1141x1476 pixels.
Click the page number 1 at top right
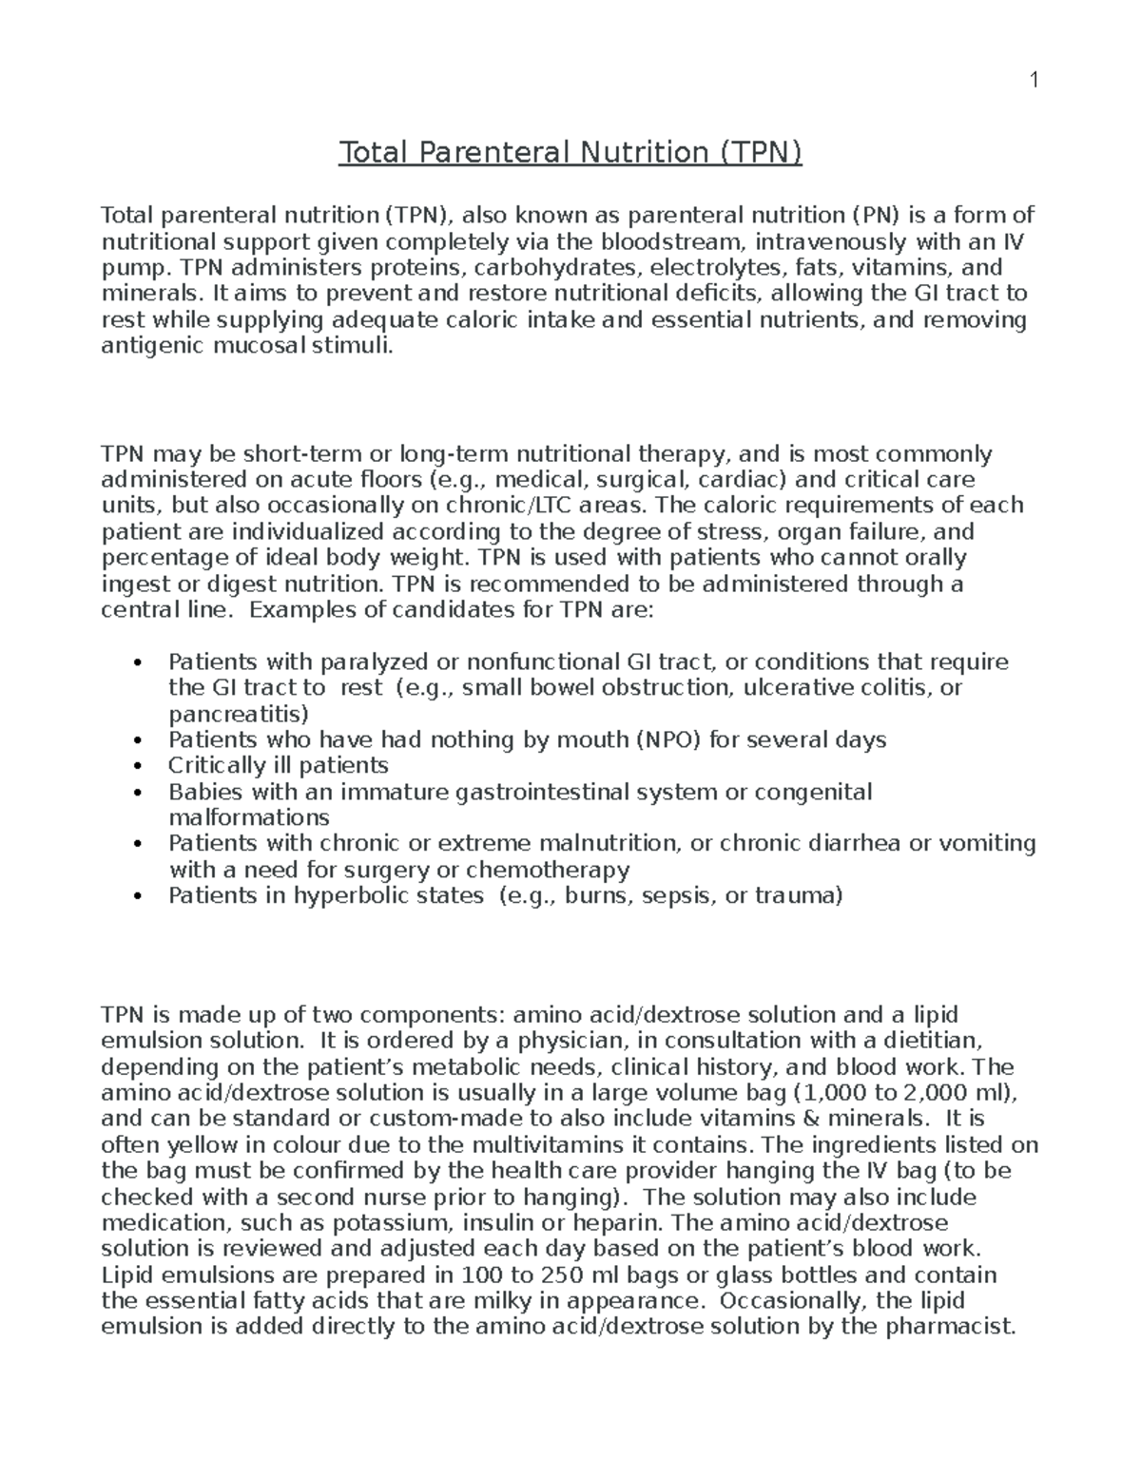(x=1033, y=81)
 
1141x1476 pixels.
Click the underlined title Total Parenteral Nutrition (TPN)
(x=570, y=152)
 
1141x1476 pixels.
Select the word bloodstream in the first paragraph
(x=671, y=241)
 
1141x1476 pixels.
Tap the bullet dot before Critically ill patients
(x=139, y=767)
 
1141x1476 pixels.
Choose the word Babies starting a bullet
(x=201, y=792)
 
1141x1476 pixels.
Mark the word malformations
(x=249, y=817)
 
